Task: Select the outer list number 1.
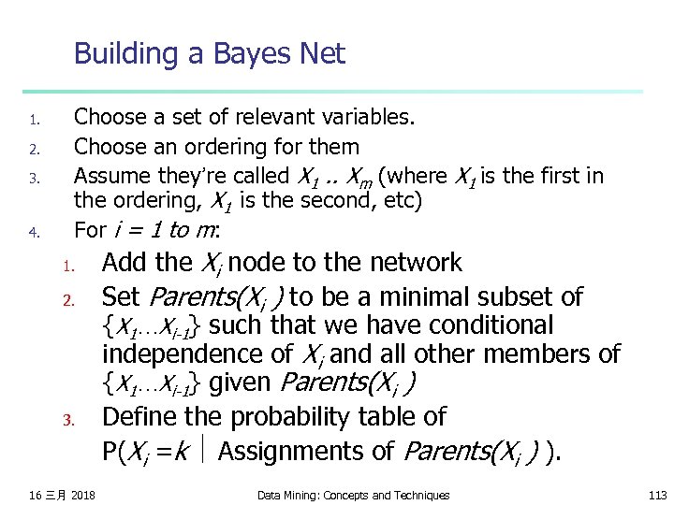click(32, 120)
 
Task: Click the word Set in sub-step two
click(120, 297)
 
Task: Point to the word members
click(543, 354)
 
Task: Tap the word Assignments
click(291, 451)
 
